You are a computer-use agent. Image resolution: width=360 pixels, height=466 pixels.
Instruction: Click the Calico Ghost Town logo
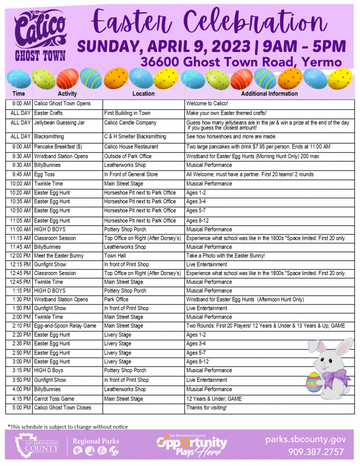click(40, 37)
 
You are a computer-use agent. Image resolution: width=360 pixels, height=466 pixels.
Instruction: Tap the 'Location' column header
click(143, 94)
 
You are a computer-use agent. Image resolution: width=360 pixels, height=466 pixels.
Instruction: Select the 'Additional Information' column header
click(269, 94)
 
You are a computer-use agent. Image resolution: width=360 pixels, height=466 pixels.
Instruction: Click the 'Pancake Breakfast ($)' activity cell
click(58, 147)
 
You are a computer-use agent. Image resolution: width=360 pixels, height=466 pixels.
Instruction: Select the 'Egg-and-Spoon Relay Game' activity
click(65, 326)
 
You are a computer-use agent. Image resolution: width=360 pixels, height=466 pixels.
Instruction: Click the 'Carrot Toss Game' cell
click(54, 399)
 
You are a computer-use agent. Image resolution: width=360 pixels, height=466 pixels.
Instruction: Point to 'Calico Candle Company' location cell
click(130, 122)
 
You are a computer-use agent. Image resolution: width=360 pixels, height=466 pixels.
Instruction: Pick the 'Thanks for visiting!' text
click(206, 408)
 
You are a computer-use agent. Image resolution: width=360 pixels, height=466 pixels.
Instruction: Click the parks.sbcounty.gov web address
click(306, 440)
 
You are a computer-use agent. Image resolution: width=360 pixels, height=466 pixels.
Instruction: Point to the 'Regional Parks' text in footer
click(96, 441)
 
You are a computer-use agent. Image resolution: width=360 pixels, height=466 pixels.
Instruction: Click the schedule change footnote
click(68, 426)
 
